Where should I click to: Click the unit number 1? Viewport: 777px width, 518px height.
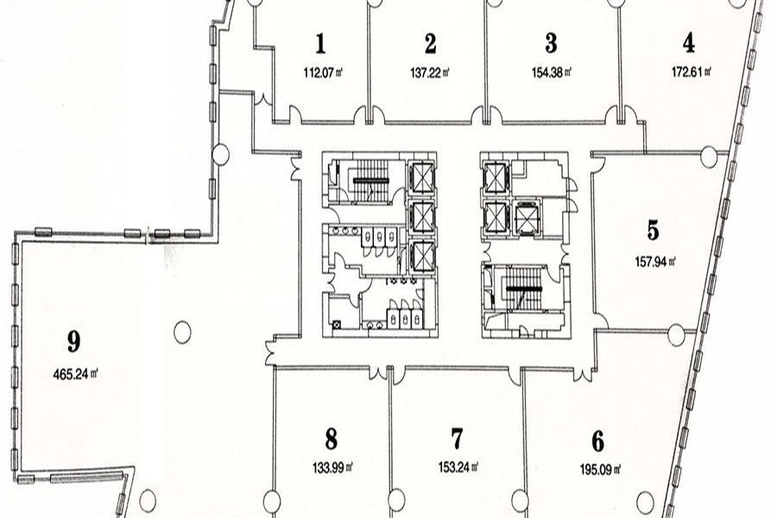click(x=320, y=43)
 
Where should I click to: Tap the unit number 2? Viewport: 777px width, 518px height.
click(x=430, y=43)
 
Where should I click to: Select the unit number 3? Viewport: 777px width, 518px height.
click(x=551, y=43)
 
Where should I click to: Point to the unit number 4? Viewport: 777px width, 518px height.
click(x=688, y=41)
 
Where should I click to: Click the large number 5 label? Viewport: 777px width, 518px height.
click(x=653, y=231)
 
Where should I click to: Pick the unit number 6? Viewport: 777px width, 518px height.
click(x=597, y=441)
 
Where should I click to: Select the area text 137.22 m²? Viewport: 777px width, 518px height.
click(x=430, y=73)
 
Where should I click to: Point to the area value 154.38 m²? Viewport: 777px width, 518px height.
click(x=553, y=73)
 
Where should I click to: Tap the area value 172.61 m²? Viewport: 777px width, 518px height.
click(x=690, y=73)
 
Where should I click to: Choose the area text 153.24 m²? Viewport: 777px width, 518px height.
click(x=459, y=470)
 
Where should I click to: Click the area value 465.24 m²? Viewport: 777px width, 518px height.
click(x=79, y=375)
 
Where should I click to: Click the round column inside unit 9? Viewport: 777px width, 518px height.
click(x=181, y=331)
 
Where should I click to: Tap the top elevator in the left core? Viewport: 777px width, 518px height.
click(x=420, y=178)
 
